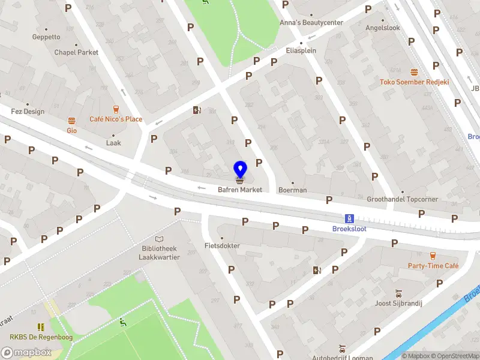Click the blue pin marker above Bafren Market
click(240, 169)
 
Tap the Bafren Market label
click(240, 190)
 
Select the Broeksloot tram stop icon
click(349, 218)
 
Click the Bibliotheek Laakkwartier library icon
click(159, 238)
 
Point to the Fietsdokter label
click(222, 246)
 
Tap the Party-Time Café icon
click(433, 256)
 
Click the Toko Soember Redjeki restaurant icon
click(414, 72)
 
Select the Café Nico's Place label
click(116, 119)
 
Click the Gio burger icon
click(72, 120)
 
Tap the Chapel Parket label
click(76, 52)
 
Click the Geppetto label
click(46, 37)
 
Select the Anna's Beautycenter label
click(311, 23)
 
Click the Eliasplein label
click(301, 50)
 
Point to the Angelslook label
click(382, 28)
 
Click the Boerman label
click(292, 190)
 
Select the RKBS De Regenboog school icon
click(41, 327)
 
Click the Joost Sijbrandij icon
click(399, 293)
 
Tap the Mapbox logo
click(26, 352)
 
